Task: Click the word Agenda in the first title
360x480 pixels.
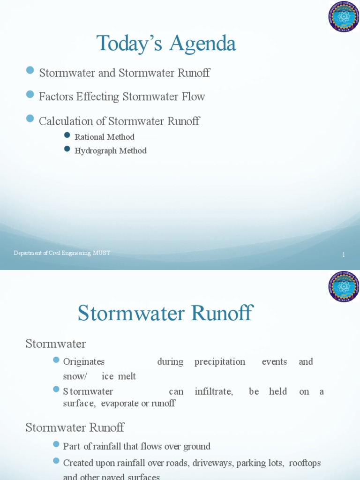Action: (202, 44)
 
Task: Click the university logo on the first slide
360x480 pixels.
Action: (344, 17)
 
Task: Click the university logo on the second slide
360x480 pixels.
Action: (344, 286)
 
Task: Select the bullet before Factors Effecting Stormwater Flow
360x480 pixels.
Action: (30, 95)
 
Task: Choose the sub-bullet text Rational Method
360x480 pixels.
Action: (105, 137)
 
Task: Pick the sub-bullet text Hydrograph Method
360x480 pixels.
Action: (111, 150)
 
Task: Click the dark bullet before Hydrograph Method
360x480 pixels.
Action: (67, 149)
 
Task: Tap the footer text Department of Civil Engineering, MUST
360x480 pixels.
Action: (62, 253)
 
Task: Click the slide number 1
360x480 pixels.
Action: (344, 255)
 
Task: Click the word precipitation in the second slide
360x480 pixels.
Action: (220, 362)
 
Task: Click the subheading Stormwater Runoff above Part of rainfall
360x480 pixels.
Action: (75, 427)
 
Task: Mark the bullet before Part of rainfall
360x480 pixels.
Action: (57, 444)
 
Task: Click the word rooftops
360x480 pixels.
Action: (305, 463)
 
